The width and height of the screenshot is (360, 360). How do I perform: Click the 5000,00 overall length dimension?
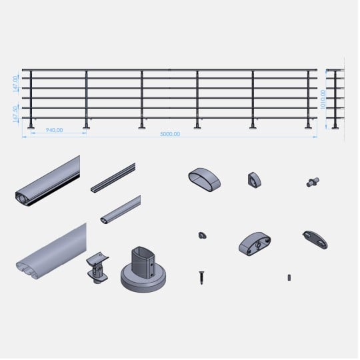[170, 134]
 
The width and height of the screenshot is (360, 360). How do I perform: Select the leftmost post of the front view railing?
[31, 99]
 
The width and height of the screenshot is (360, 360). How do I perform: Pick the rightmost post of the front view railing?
[309, 99]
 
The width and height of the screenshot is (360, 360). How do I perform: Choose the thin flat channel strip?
[113, 178]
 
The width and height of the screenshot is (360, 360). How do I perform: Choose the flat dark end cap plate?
[315, 239]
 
